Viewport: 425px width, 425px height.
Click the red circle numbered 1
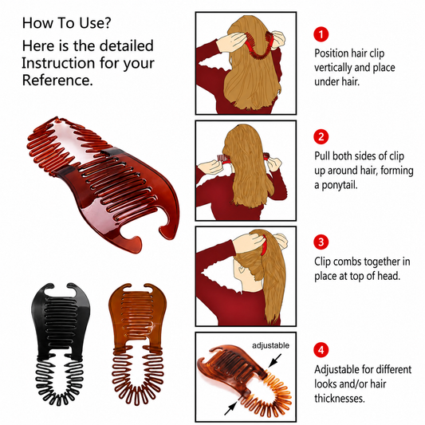[x=321, y=34]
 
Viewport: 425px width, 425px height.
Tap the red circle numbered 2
[x=321, y=137]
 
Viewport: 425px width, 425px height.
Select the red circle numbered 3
[x=321, y=242]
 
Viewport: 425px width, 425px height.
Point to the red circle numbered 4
[x=321, y=350]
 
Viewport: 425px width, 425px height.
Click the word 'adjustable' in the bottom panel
[x=270, y=345]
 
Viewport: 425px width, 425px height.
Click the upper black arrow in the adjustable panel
[x=274, y=360]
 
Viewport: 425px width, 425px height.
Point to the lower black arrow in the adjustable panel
[x=231, y=408]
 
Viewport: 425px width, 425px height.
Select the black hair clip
[x=60, y=344]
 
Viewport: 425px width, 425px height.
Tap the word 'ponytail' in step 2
[x=340, y=186]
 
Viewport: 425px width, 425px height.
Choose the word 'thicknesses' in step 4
[x=340, y=399]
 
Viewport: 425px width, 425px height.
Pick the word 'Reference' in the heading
[x=57, y=81]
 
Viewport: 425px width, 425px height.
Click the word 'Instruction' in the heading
[x=58, y=63]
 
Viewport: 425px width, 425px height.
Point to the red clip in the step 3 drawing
[x=263, y=246]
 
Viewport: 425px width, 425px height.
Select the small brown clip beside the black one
[x=138, y=344]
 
